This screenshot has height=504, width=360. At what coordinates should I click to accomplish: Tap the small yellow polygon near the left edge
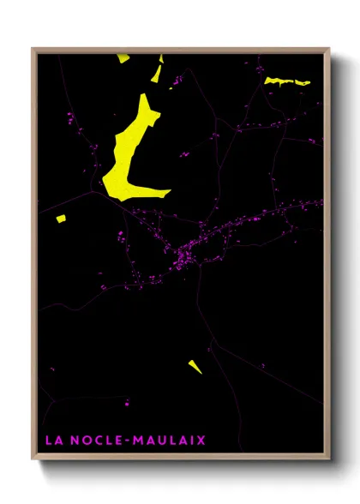point(61,219)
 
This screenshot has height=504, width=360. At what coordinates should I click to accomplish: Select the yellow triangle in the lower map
point(195,367)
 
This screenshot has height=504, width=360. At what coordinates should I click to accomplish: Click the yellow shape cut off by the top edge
point(123,57)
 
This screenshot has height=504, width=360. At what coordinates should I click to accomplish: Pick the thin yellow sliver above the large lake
point(157,74)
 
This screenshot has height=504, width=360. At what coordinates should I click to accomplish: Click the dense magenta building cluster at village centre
point(185,257)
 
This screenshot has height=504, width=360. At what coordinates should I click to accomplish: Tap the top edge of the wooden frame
point(180,49)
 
